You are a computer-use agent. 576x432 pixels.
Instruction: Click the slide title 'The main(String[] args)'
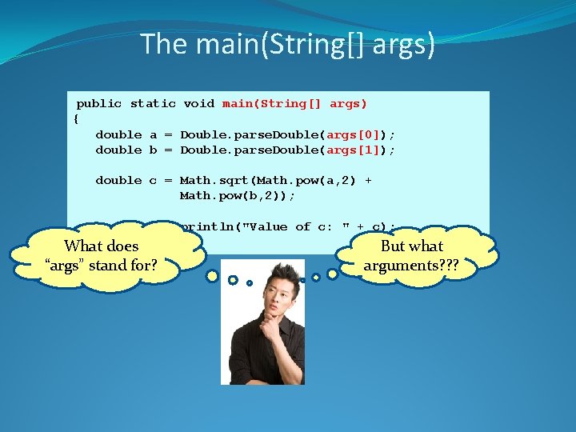coord(288,43)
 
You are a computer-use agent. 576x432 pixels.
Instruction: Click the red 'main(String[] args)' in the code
coord(294,103)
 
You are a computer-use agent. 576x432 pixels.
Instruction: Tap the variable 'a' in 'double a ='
coord(153,134)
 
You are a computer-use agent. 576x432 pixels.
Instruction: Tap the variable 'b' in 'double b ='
coord(153,150)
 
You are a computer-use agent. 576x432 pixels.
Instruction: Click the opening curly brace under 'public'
coord(76,118)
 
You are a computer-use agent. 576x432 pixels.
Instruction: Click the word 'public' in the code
coord(99,103)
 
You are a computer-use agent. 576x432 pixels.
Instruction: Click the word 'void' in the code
coord(198,103)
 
